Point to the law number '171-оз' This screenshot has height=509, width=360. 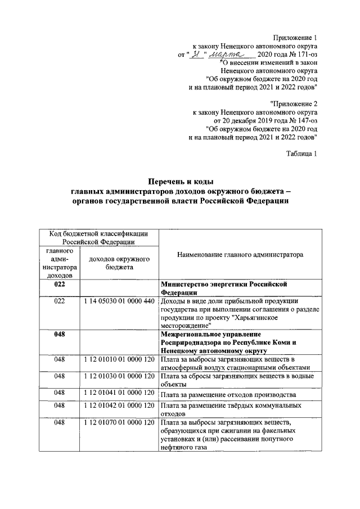pyautogui.click(x=304, y=54)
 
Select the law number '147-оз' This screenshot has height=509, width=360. pyautogui.click(x=305, y=120)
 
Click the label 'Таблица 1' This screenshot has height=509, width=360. pyautogui.click(x=301, y=154)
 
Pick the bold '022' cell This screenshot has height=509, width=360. pyautogui.click(x=60, y=285)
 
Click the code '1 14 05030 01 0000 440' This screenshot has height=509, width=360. pyautogui.click(x=119, y=301)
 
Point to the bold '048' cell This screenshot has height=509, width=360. pyautogui.click(x=60, y=335)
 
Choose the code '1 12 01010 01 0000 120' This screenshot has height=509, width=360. pyautogui.click(x=119, y=359)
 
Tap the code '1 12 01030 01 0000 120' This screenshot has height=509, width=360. pyautogui.click(x=119, y=376)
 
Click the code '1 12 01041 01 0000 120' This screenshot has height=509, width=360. pyautogui.click(x=119, y=393)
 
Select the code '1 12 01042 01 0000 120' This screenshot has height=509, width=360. pyautogui.click(x=119, y=406)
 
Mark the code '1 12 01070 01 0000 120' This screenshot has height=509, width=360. pyautogui.click(x=119, y=422)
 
